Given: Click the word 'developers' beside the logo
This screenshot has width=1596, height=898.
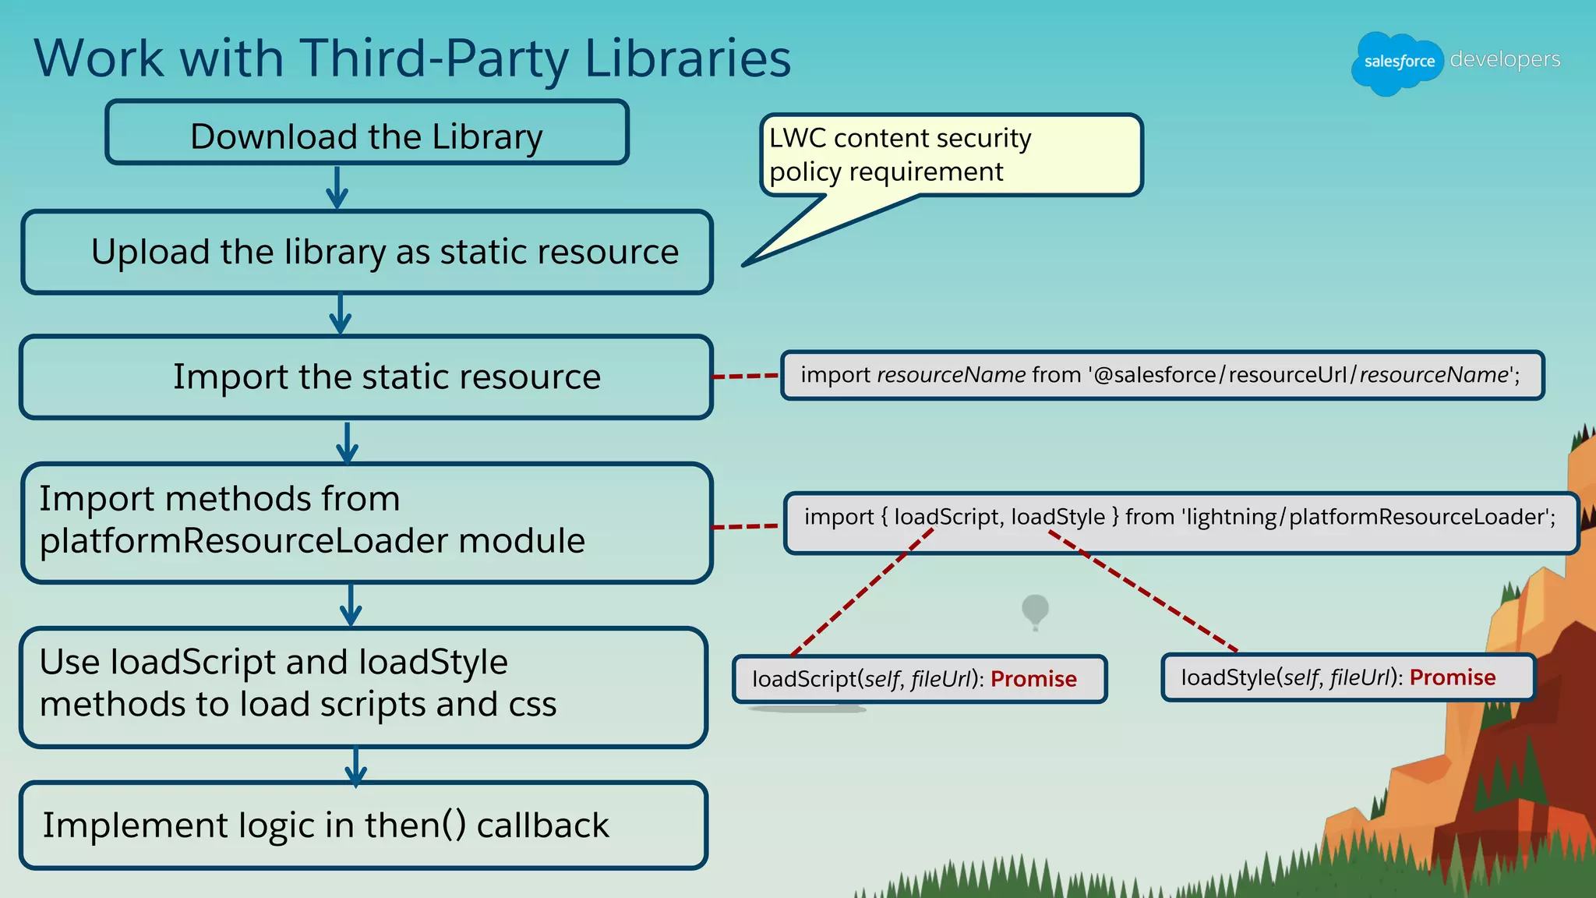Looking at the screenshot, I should tap(1505, 59).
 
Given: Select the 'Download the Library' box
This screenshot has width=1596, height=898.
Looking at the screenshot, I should tap(366, 133).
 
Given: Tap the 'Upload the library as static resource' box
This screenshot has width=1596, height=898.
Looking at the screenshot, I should tap(367, 252).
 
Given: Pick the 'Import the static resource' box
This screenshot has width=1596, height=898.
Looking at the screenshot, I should tap(366, 377).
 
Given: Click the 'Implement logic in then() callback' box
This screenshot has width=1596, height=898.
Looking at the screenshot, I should tap(363, 826).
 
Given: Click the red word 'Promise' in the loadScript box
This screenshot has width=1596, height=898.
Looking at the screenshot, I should tap(1033, 679).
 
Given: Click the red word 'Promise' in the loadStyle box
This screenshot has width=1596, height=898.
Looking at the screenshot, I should tap(1453, 677).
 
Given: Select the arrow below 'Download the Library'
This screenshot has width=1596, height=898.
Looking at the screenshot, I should tap(337, 187).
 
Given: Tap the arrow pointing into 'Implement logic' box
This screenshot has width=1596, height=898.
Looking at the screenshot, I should tap(356, 766).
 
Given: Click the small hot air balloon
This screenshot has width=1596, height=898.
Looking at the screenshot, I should tap(1035, 610).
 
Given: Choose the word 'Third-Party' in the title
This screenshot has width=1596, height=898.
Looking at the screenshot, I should tap(435, 59).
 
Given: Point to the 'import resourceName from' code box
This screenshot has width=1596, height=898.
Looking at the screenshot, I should tap(1161, 376).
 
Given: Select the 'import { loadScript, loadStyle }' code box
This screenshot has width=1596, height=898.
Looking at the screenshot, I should tap(1180, 518).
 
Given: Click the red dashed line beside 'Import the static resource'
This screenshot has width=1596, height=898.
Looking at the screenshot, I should tap(746, 377).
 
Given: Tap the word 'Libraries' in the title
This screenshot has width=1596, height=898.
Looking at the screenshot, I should tap(687, 59).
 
